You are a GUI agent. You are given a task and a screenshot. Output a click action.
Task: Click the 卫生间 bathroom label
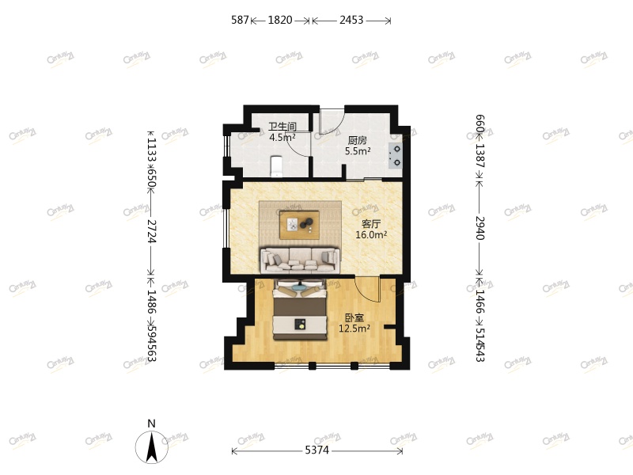point(282,126)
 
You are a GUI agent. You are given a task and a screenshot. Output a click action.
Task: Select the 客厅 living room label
point(371,224)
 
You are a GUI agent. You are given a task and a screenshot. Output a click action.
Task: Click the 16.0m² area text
point(371,235)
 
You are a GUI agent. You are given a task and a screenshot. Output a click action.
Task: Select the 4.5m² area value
point(282,137)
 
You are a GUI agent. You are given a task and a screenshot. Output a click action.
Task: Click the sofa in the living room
point(300,257)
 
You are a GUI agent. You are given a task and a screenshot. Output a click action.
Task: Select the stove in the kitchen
point(396,154)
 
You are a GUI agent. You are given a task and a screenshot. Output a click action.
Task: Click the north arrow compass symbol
point(152,446)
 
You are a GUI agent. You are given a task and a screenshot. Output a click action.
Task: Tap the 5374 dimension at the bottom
point(318,451)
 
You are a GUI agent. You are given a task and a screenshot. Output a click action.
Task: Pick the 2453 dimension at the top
point(351,21)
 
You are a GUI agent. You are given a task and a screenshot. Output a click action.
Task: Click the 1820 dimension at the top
point(281,21)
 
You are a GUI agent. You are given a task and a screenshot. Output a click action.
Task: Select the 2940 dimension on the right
point(479,227)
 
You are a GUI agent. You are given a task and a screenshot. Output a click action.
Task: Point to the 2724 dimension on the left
point(151,230)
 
